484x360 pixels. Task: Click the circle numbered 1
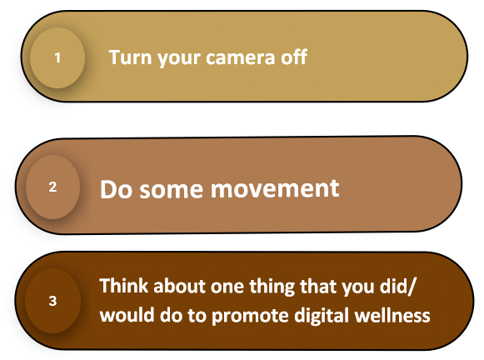coord(57,57)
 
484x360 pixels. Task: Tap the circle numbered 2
coord(52,187)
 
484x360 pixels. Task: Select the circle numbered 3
coord(52,301)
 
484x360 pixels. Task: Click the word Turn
coord(127,57)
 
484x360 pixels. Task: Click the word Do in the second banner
coord(115,188)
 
